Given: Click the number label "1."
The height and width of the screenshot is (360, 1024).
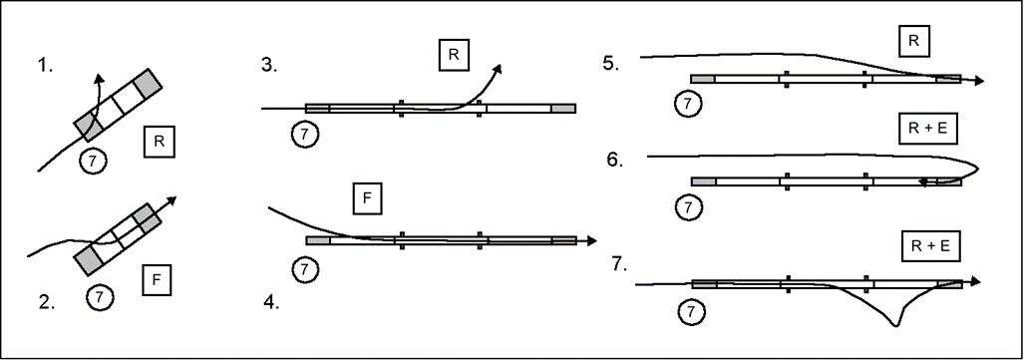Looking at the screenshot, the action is [46, 66].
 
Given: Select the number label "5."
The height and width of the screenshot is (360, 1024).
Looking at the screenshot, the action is [611, 64].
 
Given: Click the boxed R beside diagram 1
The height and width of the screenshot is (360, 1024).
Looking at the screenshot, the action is [159, 143].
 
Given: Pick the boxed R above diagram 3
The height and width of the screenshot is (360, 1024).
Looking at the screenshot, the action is [454, 55].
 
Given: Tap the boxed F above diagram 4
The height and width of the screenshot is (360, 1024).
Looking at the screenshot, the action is [367, 199].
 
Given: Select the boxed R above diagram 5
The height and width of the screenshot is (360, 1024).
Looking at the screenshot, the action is [913, 41].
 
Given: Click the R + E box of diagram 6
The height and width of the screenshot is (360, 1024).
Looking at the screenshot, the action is [928, 130].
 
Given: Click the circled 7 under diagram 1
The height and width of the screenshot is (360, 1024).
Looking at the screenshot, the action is [93, 162].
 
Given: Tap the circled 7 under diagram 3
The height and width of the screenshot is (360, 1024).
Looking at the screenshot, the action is [304, 135].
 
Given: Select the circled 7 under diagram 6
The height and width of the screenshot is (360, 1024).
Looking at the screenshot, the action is [686, 207].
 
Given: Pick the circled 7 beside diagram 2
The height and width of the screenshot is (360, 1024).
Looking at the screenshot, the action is [100, 297].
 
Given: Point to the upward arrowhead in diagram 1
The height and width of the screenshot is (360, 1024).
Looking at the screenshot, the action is [99, 80].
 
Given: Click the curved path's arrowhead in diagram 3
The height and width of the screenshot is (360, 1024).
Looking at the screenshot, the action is [498, 68].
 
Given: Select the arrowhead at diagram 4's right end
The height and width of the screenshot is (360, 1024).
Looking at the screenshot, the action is [591, 240].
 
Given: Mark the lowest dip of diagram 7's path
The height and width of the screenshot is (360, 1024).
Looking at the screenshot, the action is [894, 324].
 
